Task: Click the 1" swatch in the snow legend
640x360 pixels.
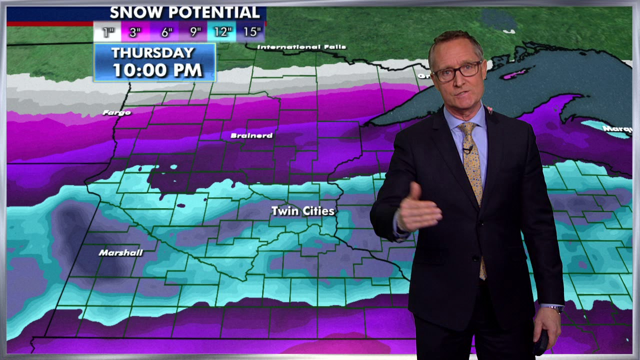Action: pyautogui.click(x=108, y=32)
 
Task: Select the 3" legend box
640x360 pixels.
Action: pyautogui.click(x=135, y=32)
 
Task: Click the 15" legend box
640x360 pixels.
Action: pyautogui.click(x=251, y=32)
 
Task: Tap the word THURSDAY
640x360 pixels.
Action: pyautogui.click(x=152, y=52)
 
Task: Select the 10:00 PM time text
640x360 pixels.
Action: pyautogui.click(x=157, y=69)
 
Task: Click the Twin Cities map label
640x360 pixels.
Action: pyautogui.click(x=302, y=211)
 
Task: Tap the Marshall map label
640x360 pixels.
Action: pyautogui.click(x=120, y=253)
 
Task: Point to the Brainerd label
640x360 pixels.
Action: pyautogui.click(x=251, y=135)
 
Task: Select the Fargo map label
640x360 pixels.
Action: pyautogui.click(x=116, y=112)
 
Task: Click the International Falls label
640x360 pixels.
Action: pyautogui.click(x=301, y=47)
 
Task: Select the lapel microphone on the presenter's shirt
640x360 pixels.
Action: pyautogui.click(x=468, y=148)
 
